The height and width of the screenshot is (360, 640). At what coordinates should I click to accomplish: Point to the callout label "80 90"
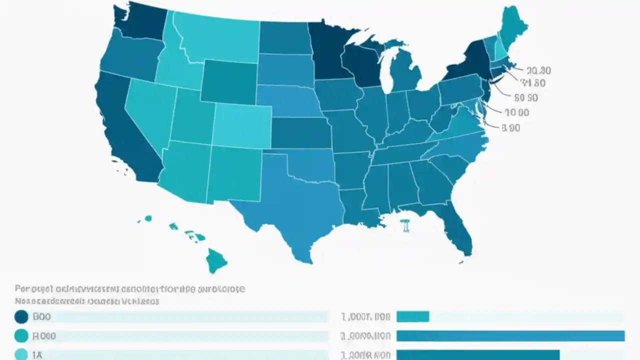(525, 98)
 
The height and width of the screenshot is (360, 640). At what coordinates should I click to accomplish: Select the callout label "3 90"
(511, 128)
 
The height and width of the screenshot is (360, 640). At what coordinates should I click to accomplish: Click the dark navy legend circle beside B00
(21, 316)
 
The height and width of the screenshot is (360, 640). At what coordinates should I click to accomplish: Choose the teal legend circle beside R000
(21, 336)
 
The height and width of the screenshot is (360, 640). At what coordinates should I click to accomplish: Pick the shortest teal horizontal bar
(412, 316)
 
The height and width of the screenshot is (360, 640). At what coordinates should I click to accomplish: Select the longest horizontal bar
(510, 336)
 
